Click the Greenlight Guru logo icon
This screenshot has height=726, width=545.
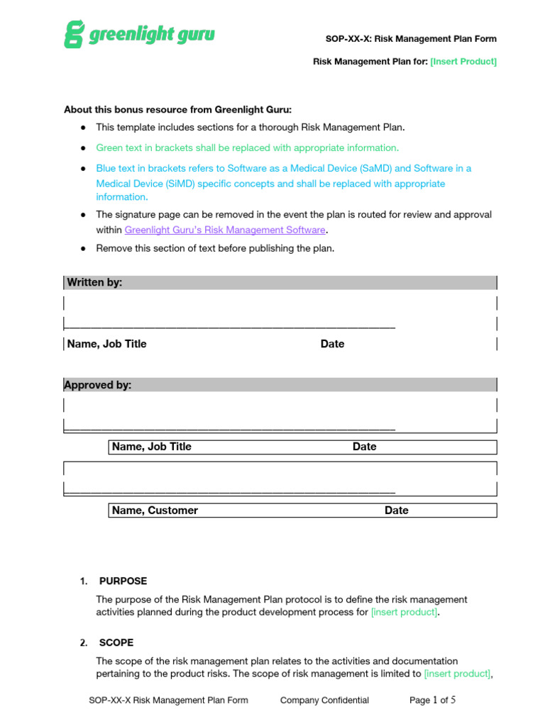pyautogui.click(x=74, y=34)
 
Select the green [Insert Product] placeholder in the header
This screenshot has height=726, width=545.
pyautogui.click(x=463, y=62)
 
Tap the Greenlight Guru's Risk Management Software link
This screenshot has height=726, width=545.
pyautogui.click(x=225, y=230)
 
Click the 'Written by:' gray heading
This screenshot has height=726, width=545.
pyautogui.click(x=94, y=282)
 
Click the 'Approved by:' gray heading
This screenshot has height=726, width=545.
pyautogui.click(x=98, y=385)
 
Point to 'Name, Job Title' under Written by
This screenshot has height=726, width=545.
pyautogui.click(x=107, y=344)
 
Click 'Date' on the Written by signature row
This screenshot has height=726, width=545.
pyautogui.click(x=332, y=344)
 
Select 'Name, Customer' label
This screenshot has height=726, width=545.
pyautogui.click(x=155, y=510)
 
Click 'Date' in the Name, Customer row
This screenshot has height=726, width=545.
pyautogui.click(x=396, y=510)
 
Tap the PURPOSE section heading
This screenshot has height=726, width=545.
pyautogui.click(x=123, y=581)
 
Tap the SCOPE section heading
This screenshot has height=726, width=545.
pyautogui.click(x=116, y=642)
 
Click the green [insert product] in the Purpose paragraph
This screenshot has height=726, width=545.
pyautogui.click(x=404, y=612)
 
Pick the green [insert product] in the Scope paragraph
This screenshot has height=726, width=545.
pyautogui.click(x=457, y=674)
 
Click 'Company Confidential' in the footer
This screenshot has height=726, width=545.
pyautogui.click(x=324, y=700)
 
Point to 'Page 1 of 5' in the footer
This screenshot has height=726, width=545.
pyautogui.click(x=432, y=700)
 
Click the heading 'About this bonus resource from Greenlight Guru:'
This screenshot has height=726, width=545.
pyautogui.click(x=178, y=110)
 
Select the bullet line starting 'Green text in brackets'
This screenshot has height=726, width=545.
pyautogui.click(x=247, y=147)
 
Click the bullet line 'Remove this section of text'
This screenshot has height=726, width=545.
pyautogui.click(x=215, y=248)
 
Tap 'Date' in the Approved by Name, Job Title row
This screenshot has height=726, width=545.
pyautogui.click(x=364, y=447)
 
